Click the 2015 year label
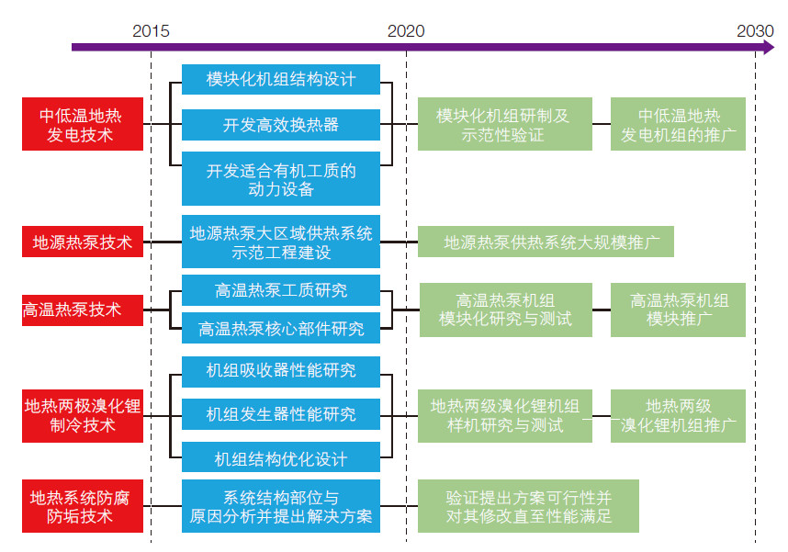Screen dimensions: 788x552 (x=151, y=31)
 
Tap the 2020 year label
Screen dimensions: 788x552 (x=406, y=31)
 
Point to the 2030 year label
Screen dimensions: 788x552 (x=755, y=31)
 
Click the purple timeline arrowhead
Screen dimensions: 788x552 (x=769, y=47)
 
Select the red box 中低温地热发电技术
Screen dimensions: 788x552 (x=83, y=124)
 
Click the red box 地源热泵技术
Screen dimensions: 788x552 (x=83, y=242)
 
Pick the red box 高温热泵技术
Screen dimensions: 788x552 (x=83, y=310)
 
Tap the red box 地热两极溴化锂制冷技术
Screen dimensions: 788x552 (x=83, y=416)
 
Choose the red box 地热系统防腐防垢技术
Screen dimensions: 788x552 (x=83, y=506)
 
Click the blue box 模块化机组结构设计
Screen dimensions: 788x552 (x=281, y=79)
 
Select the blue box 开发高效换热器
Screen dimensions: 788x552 (x=281, y=125)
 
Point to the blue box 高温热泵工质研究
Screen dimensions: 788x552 (x=281, y=290)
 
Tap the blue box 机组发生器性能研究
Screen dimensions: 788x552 (x=281, y=414)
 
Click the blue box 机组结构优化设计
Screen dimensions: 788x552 (x=281, y=457)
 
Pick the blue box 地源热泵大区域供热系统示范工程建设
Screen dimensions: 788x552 (x=281, y=242)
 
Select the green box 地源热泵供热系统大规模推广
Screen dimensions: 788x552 (x=546, y=242)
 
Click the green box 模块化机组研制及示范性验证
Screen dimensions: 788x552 (x=505, y=124)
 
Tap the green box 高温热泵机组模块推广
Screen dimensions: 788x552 (x=678, y=310)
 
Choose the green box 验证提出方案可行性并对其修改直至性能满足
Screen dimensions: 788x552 (x=528, y=506)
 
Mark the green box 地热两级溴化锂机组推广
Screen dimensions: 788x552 (x=678, y=416)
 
